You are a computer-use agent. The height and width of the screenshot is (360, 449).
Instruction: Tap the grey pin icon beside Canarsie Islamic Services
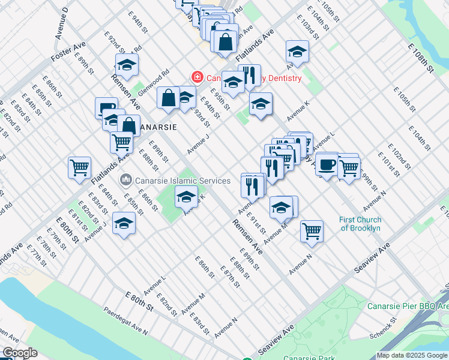(x=126, y=179)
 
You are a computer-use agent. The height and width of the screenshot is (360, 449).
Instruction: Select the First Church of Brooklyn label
(x=360, y=224)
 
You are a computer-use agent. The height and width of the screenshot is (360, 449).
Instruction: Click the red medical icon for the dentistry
(x=196, y=77)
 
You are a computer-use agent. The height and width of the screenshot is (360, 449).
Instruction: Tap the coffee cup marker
(x=327, y=163)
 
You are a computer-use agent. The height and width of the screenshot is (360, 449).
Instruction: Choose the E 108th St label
(x=420, y=57)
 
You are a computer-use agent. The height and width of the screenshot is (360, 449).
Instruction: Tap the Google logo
(x=20, y=353)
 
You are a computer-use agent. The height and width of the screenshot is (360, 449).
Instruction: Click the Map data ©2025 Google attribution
(x=412, y=355)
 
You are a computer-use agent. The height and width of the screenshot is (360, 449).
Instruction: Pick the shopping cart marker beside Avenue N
(x=312, y=230)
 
